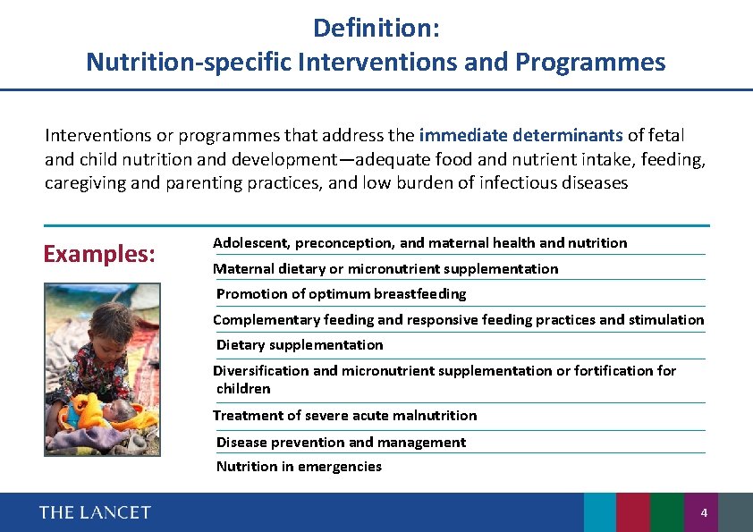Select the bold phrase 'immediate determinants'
[520, 136]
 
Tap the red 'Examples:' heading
[100, 254]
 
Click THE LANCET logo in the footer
[95, 512]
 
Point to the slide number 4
[704, 513]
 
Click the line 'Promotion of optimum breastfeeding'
[341, 294]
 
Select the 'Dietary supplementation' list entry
[300, 345]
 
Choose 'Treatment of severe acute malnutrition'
[345, 416]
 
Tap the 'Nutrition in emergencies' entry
[299, 467]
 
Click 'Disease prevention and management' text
[341, 443]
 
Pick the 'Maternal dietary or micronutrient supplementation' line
[385, 269]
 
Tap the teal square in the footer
[600, 512]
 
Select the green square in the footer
[667, 512]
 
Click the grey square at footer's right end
[735, 512]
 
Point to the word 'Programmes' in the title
[590, 63]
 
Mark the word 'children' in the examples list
[243, 389]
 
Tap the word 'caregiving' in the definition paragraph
[81, 183]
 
